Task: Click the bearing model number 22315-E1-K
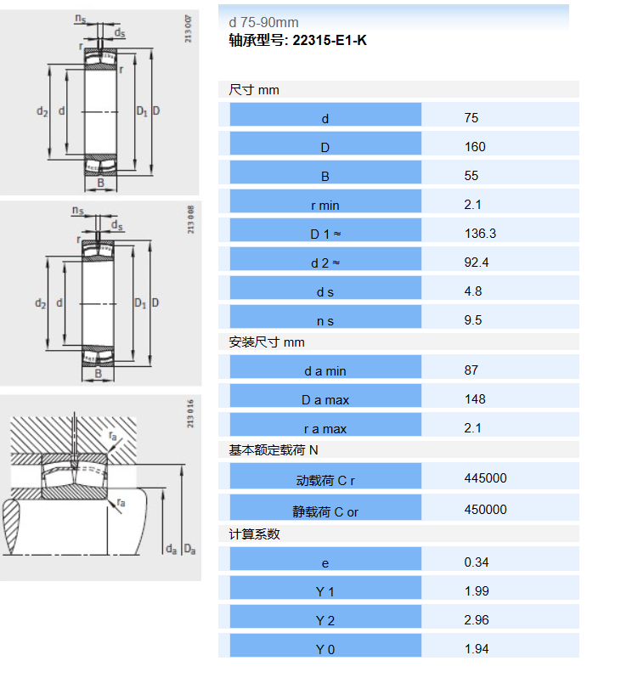click(x=330, y=41)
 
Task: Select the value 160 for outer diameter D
click(x=475, y=147)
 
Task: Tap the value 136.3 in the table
click(x=480, y=234)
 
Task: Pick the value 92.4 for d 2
click(x=477, y=263)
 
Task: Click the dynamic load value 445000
click(x=486, y=478)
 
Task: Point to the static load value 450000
click(x=486, y=510)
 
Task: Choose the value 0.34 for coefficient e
click(x=477, y=562)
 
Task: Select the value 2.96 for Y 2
click(x=477, y=620)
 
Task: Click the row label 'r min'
click(x=325, y=206)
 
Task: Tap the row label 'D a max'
click(x=325, y=400)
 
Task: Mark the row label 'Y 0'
click(x=325, y=650)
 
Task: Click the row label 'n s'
click(x=325, y=322)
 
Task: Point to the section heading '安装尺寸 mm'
click(x=267, y=342)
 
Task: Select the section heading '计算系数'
click(x=254, y=534)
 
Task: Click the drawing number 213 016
click(x=190, y=414)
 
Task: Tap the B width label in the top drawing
click(x=100, y=183)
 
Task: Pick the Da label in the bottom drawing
click(x=189, y=550)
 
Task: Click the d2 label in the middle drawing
click(x=41, y=303)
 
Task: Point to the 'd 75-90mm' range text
click(x=263, y=22)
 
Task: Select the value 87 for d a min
click(x=471, y=370)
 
